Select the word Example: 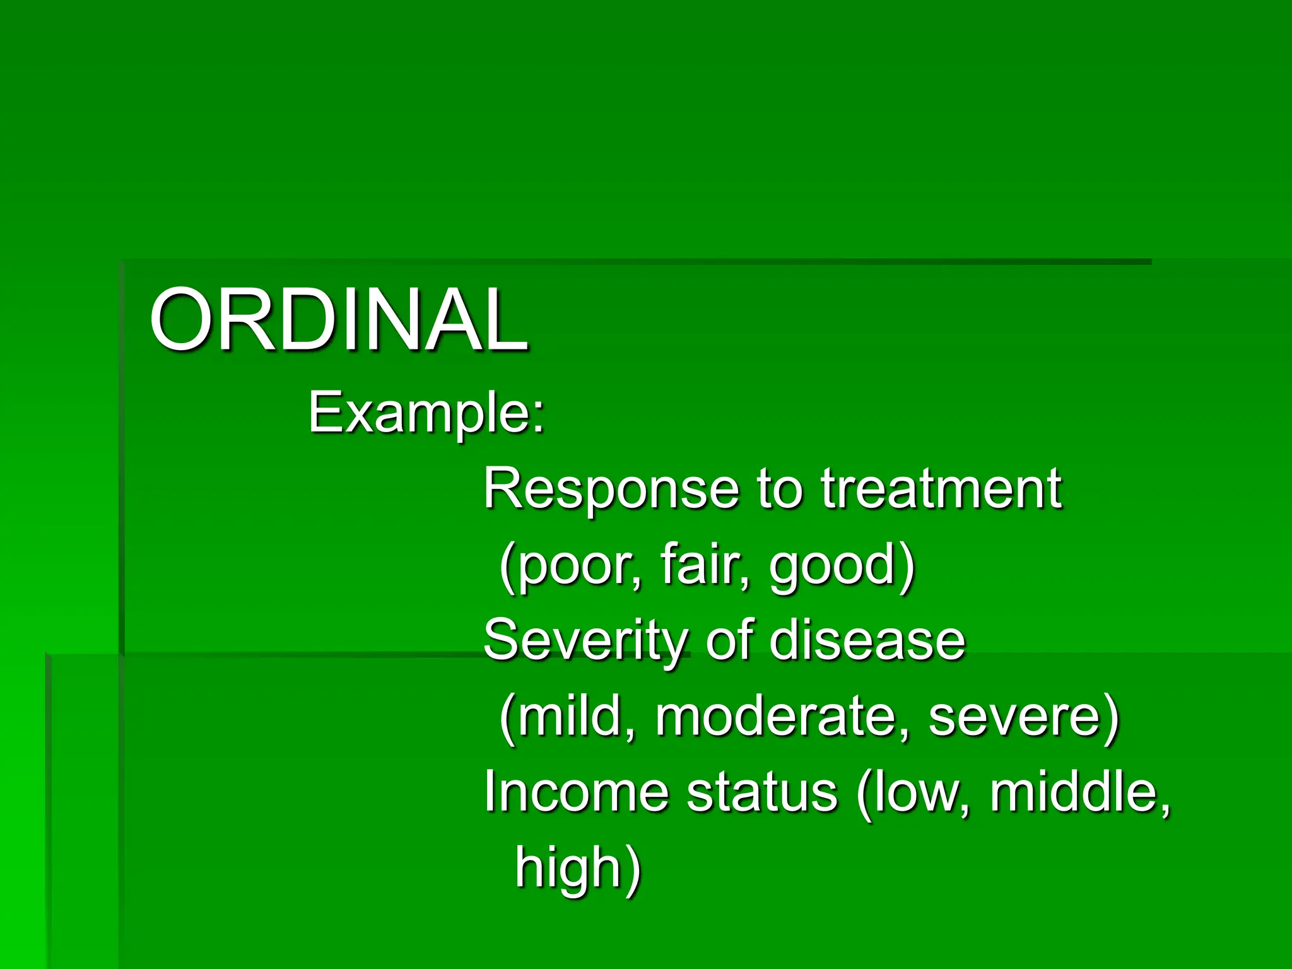(x=426, y=413)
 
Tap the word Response (x=611, y=490)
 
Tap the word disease (x=867, y=640)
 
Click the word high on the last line (x=568, y=868)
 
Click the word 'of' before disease (x=729, y=640)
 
